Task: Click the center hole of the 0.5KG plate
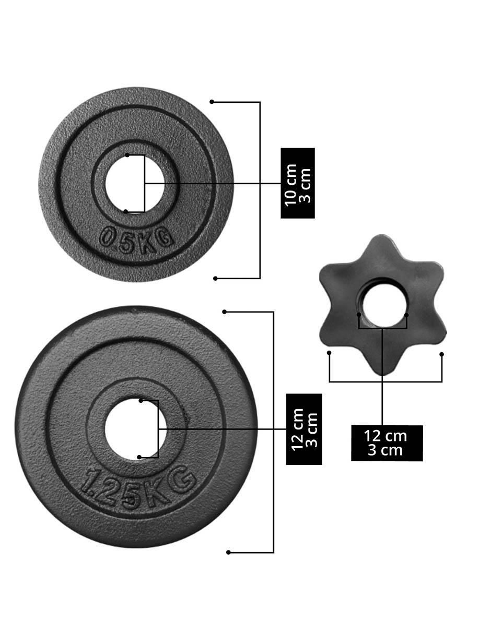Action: click(x=135, y=183)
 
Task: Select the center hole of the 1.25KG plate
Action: click(x=135, y=428)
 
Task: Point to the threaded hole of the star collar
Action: click(x=384, y=306)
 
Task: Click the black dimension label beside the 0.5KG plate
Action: click(x=297, y=183)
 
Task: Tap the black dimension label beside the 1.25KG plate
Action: click(x=304, y=429)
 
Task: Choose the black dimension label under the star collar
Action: click(x=387, y=443)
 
